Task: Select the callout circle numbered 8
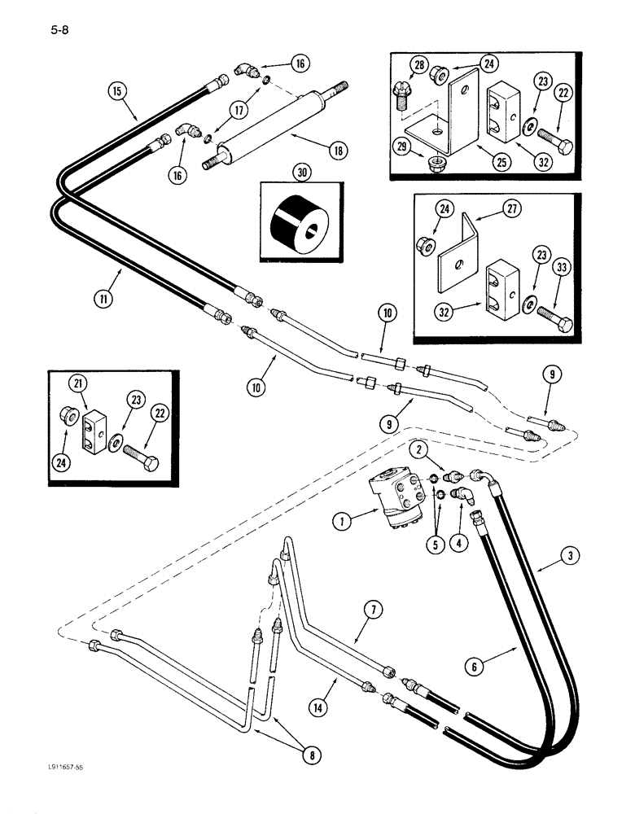coord(309,755)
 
